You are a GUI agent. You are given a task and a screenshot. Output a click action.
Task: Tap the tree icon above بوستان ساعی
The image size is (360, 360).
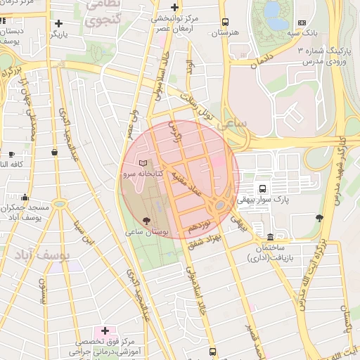(146, 221)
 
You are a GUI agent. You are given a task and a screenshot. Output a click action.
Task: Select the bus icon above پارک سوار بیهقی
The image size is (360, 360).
(262, 188)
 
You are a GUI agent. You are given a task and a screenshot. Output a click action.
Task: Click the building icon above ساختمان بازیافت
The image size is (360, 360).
(271, 236)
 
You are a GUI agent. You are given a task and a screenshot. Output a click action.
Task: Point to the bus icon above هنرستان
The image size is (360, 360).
(225, 22)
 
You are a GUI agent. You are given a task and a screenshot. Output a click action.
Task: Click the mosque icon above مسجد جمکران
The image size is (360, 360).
(25, 198)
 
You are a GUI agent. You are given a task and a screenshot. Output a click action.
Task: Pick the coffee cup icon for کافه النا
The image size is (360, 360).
(11, 154)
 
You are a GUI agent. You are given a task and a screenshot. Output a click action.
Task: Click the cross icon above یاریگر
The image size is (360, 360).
(58, 23)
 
